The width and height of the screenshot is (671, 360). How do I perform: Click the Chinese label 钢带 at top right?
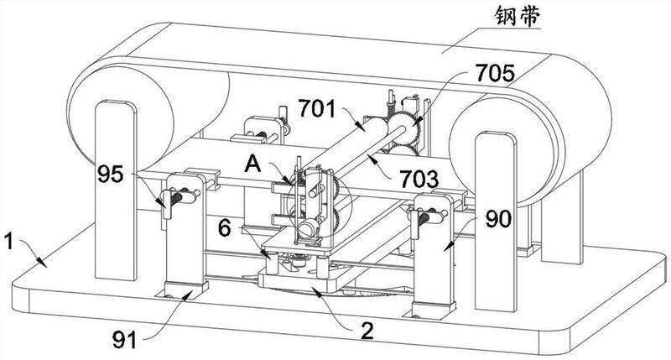[x=518, y=17]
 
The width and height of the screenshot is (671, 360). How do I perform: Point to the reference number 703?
[x=419, y=179]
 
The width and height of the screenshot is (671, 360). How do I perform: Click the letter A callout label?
[x=252, y=164]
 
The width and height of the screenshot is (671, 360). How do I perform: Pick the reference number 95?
[x=111, y=175]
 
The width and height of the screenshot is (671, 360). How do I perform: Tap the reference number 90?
[x=498, y=220]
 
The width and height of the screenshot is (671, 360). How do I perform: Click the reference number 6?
[x=225, y=228]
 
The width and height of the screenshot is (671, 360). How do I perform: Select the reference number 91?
[x=124, y=341]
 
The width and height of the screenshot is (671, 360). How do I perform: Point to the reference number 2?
[x=367, y=331]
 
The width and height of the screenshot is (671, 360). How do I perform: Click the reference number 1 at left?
[x=9, y=243]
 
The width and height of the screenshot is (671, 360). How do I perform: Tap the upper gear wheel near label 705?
[x=406, y=127]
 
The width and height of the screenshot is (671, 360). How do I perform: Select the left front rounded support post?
[x=116, y=190]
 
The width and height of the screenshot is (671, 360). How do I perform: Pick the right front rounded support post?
[x=496, y=222]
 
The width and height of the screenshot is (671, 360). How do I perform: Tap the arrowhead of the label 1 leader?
[x=41, y=262]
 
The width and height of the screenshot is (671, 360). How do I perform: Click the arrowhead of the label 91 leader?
[x=187, y=294]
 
